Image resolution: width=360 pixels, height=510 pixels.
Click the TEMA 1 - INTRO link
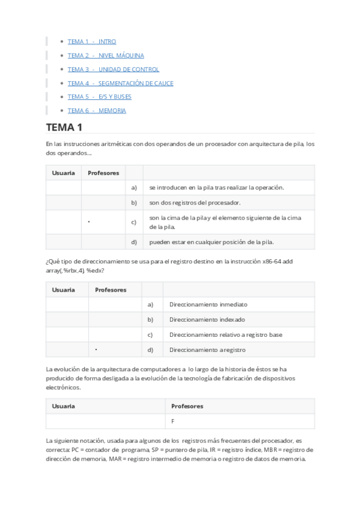pyautogui.click(x=92, y=41)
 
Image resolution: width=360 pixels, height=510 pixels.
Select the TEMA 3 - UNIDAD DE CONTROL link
pyautogui.click(x=114, y=69)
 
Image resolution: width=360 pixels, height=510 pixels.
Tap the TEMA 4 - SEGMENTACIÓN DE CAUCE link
pyautogui.click(x=120, y=83)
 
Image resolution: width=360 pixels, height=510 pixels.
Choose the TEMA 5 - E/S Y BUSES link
pyautogui.click(x=99, y=96)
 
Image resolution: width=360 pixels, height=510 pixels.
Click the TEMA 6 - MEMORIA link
pyautogui.click(x=97, y=110)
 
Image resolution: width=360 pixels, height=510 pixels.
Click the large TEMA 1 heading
pyautogui.click(x=64, y=127)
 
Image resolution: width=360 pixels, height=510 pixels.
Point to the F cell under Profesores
pyautogui.click(x=173, y=422)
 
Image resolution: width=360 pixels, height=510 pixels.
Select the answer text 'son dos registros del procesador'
pyautogui.click(x=195, y=203)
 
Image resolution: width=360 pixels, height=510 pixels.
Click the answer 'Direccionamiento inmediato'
pyautogui.click(x=208, y=304)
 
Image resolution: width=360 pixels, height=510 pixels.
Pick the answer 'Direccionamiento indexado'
pyautogui.click(x=207, y=319)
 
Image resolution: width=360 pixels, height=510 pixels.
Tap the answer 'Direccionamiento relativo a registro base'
pyautogui.click(x=225, y=334)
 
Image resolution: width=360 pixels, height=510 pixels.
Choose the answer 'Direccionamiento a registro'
pyautogui.click(x=207, y=349)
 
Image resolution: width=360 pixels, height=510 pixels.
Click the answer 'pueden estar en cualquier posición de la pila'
pyautogui.click(x=212, y=242)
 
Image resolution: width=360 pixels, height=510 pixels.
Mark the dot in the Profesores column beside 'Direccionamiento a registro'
pyautogui.click(x=96, y=349)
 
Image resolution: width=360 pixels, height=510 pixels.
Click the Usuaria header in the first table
pyautogui.click(x=64, y=173)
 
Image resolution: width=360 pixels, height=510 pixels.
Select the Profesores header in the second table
pyautogui.click(x=111, y=289)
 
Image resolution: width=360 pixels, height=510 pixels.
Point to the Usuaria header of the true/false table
pyautogui.click(x=64, y=406)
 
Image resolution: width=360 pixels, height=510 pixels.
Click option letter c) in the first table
pyautogui.click(x=134, y=222)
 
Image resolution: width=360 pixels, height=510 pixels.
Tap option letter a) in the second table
pyautogui.click(x=151, y=304)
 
